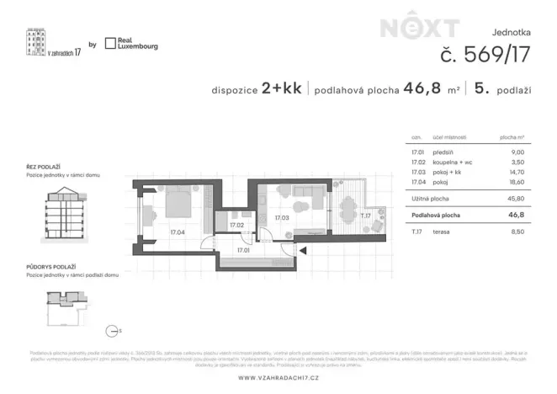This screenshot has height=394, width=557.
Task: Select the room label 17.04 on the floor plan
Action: (x=178, y=232)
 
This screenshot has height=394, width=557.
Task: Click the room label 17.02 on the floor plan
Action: (x=236, y=225)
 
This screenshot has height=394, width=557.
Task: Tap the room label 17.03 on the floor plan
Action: (x=283, y=218)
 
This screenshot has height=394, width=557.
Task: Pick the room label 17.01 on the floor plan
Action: (x=245, y=250)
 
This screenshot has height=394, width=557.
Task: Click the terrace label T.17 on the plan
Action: (x=366, y=216)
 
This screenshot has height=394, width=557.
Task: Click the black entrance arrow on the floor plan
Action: (x=305, y=249)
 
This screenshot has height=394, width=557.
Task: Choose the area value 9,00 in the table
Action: (x=517, y=152)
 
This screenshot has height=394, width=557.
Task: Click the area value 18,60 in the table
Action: (x=517, y=180)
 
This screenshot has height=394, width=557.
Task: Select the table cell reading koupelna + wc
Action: (x=452, y=162)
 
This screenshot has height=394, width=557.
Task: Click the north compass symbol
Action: (x=109, y=331)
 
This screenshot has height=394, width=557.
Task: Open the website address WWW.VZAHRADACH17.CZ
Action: (x=278, y=377)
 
